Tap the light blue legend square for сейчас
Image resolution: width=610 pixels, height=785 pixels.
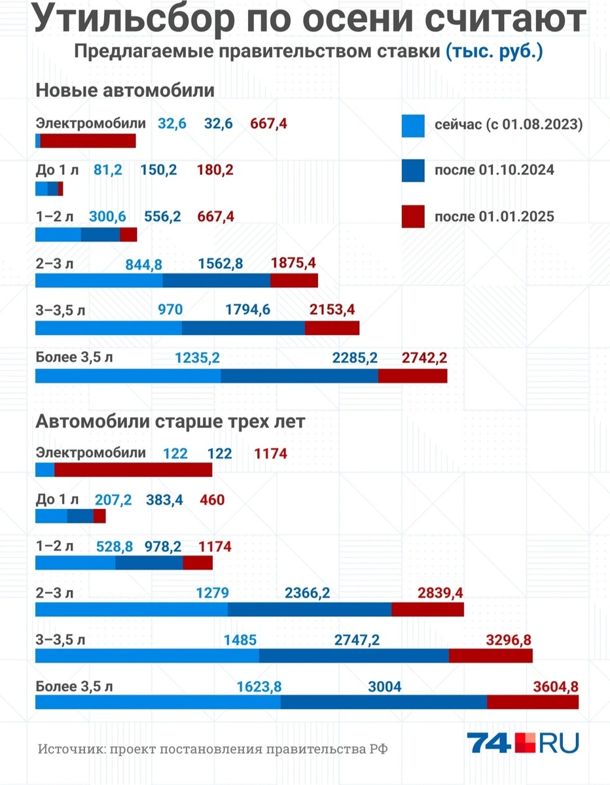pos(413,124)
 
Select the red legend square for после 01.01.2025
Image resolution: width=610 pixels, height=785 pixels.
pos(413,216)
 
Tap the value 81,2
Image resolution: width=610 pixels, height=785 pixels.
pos(108,170)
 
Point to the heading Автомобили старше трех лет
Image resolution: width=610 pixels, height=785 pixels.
pos(170,422)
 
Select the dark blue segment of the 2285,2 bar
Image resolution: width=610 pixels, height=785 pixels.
pos(299,376)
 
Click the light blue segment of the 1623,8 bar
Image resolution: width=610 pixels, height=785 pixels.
pos(158,702)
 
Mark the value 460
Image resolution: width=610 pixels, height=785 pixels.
pos(212,500)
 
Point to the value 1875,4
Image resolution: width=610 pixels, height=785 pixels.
pos(293,263)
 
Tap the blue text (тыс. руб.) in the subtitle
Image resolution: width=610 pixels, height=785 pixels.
pos(494,53)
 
